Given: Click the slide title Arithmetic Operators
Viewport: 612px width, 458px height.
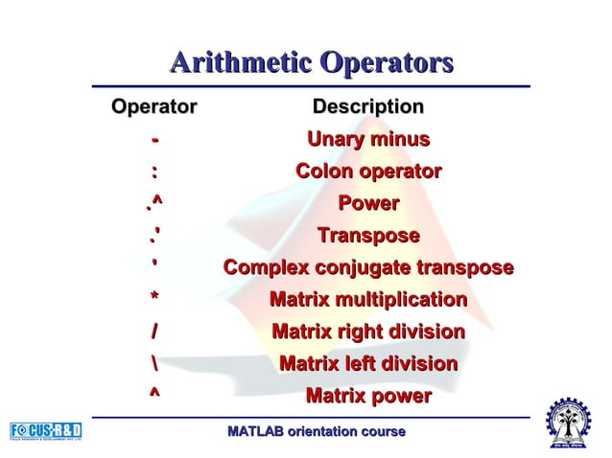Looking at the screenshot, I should pos(311,65).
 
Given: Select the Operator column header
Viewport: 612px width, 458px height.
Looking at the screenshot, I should pos(154,107).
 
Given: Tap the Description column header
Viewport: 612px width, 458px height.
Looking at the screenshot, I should pos(368,107).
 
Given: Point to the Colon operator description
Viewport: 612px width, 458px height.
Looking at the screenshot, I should pos(368,172).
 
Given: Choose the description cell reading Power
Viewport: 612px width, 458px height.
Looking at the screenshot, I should pos(368,204).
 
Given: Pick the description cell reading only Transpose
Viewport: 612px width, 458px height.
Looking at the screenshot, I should pos(368,236).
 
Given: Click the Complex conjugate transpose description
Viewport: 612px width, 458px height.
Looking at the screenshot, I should pos(368,268).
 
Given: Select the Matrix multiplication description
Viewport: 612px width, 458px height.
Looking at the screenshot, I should pos(368,301).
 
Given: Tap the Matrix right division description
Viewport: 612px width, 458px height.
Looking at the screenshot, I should pos(368,332).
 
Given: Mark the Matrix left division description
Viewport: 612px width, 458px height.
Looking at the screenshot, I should pos(368,364).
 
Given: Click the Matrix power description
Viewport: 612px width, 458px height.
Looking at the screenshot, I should pos(368,396).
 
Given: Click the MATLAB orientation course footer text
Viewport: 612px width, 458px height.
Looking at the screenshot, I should pos(317,432).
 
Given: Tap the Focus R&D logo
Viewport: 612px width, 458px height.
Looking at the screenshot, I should pos(46,429).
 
